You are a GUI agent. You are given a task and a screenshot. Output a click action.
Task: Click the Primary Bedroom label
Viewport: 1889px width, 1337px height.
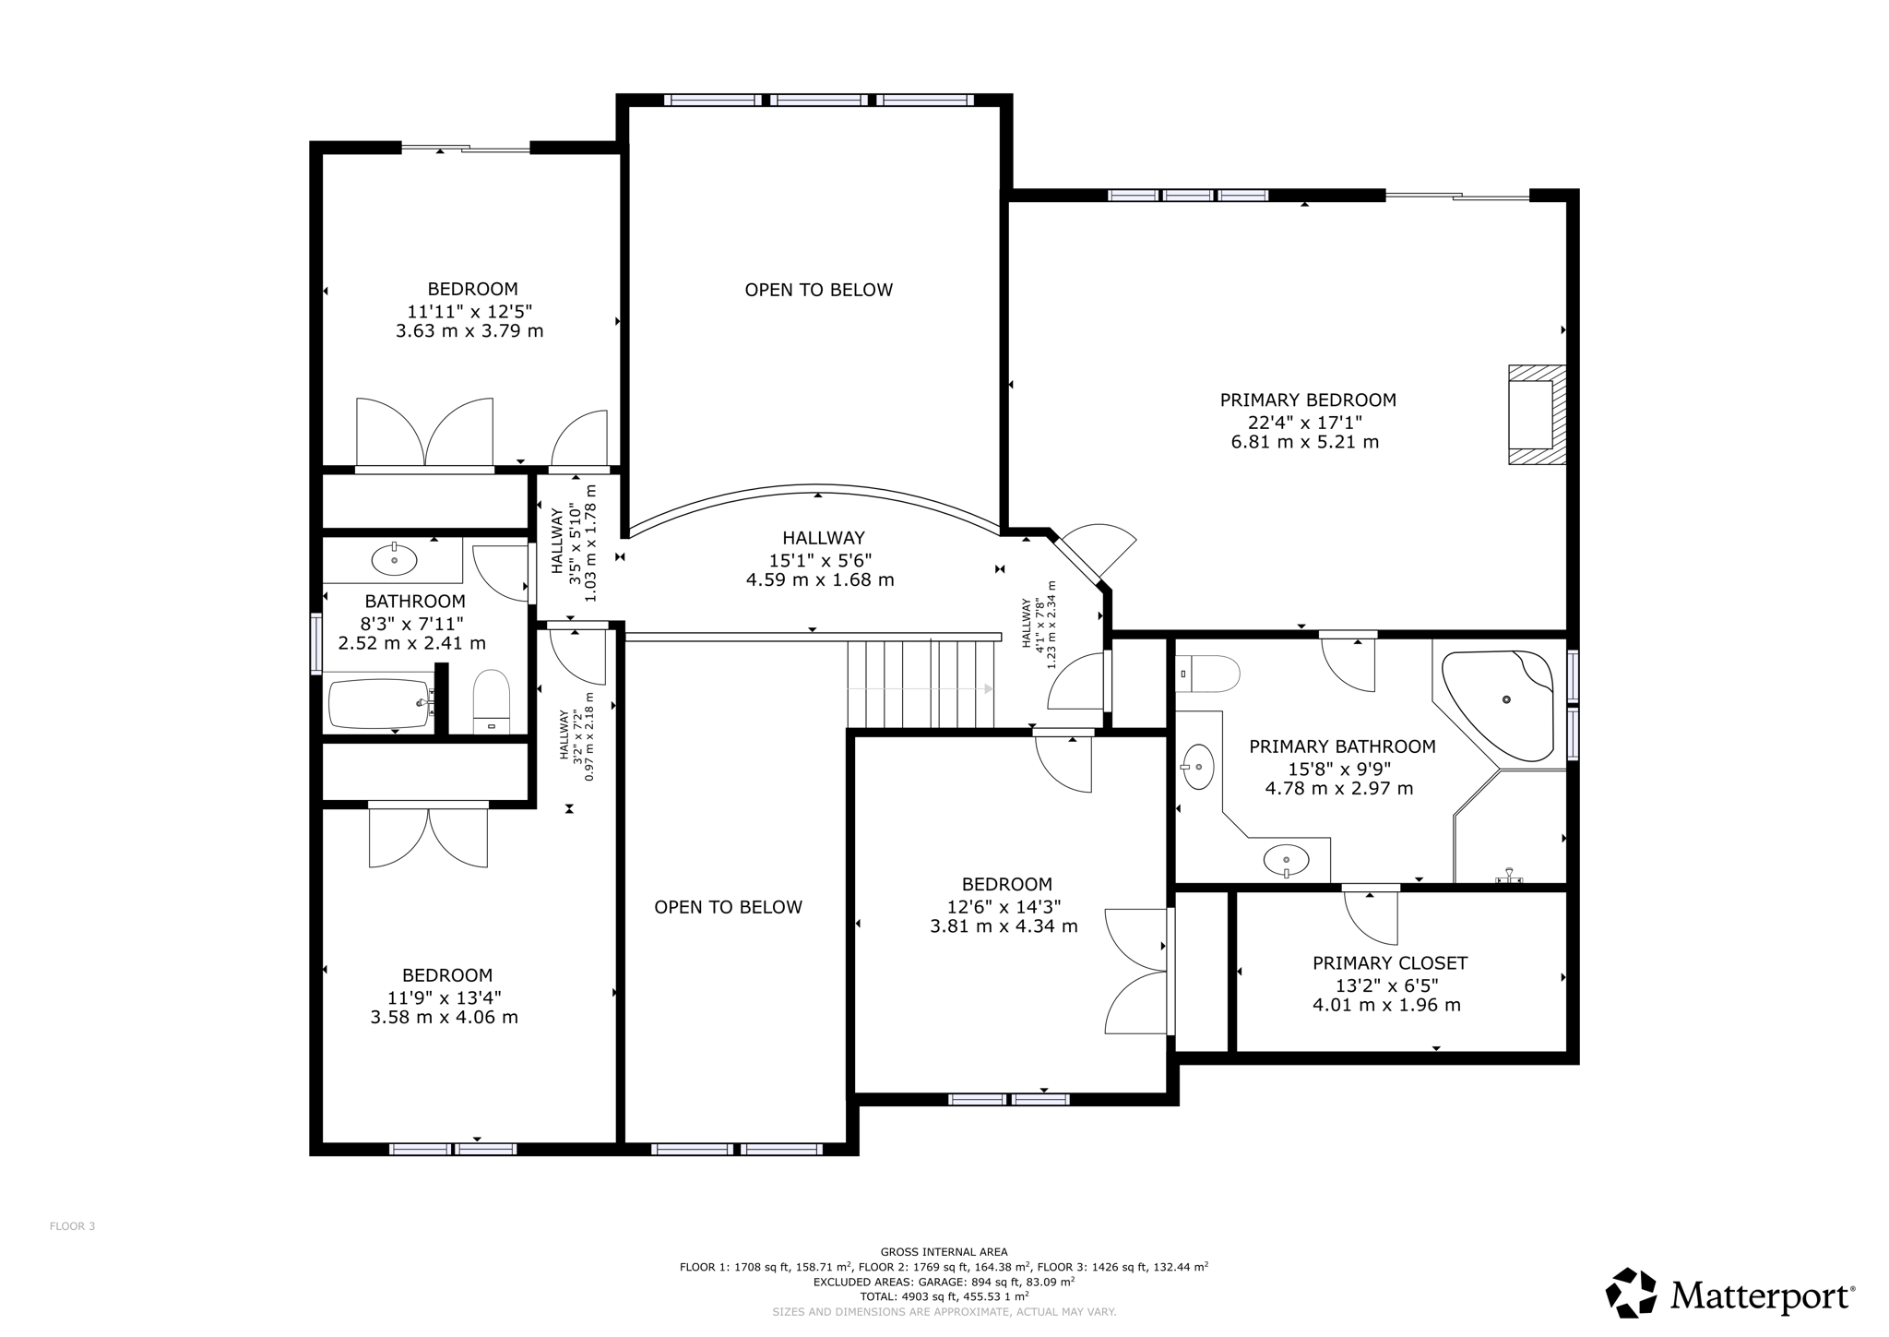(x=1307, y=400)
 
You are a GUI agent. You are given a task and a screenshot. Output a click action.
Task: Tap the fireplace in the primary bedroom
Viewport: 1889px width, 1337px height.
(x=1537, y=414)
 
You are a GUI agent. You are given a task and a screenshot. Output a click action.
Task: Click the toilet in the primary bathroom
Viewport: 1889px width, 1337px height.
(x=1207, y=674)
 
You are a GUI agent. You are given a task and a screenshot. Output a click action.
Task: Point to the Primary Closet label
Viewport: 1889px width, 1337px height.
(x=1389, y=963)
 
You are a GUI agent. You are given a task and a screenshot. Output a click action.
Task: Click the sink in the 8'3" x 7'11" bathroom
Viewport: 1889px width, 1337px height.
(x=394, y=560)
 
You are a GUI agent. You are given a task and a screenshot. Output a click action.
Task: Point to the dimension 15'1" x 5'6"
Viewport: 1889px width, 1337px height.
(x=820, y=560)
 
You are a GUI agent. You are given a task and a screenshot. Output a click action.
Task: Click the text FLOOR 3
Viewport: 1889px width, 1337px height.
(x=72, y=1226)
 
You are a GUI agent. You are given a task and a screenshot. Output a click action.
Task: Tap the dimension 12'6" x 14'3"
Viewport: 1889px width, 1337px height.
(x=1004, y=906)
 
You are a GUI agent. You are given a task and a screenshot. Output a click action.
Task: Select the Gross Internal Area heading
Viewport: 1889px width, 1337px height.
(x=944, y=1252)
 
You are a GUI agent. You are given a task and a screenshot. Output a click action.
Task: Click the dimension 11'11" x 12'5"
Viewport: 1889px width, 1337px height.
(x=470, y=311)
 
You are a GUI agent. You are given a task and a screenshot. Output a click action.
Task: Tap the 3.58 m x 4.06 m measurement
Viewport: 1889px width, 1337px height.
(x=444, y=1018)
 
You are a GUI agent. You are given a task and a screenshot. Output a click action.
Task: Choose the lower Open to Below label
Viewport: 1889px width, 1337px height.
(x=728, y=907)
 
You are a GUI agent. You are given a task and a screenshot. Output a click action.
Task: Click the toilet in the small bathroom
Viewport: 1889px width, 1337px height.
(x=491, y=701)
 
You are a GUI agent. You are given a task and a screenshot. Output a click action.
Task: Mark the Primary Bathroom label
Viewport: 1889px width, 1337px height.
(x=1342, y=746)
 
